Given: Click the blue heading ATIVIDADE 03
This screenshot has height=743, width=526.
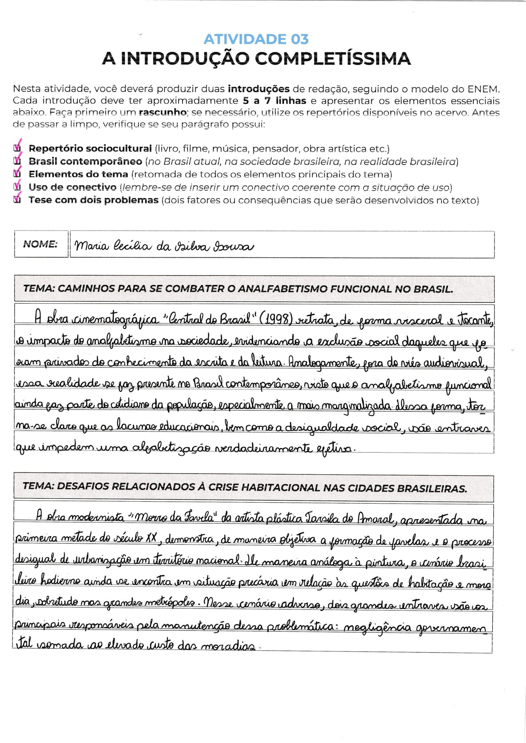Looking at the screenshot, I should (256, 39).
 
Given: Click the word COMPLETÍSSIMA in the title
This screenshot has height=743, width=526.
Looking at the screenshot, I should (333, 59).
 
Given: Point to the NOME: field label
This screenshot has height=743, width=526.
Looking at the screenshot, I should (40, 244).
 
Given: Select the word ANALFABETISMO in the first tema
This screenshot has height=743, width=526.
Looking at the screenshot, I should (283, 289).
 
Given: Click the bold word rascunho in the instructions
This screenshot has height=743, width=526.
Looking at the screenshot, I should (162, 112).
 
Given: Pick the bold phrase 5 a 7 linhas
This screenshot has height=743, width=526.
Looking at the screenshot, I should (275, 100).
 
